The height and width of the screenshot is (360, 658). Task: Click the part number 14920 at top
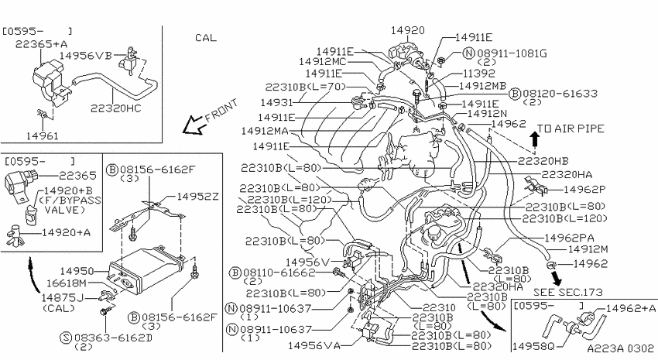pyautogui.click(x=407, y=30)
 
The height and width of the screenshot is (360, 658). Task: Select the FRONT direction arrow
pyautogui.click(x=192, y=125)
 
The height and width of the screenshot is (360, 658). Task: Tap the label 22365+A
pyautogui.click(x=42, y=44)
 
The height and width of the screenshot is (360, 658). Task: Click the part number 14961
pyautogui.click(x=43, y=136)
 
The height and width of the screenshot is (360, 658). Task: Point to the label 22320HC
pyautogui.click(x=116, y=108)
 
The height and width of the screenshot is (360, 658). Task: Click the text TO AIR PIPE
pyautogui.click(x=571, y=129)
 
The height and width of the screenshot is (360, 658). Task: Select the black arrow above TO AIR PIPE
pyautogui.click(x=535, y=139)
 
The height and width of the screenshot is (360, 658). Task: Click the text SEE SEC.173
pyautogui.click(x=567, y=292)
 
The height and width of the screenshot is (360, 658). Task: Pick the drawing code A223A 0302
pyautogui.click(x=620, y=348)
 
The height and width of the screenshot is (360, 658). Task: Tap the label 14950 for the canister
pyautogui.click(x=77, y=272)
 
